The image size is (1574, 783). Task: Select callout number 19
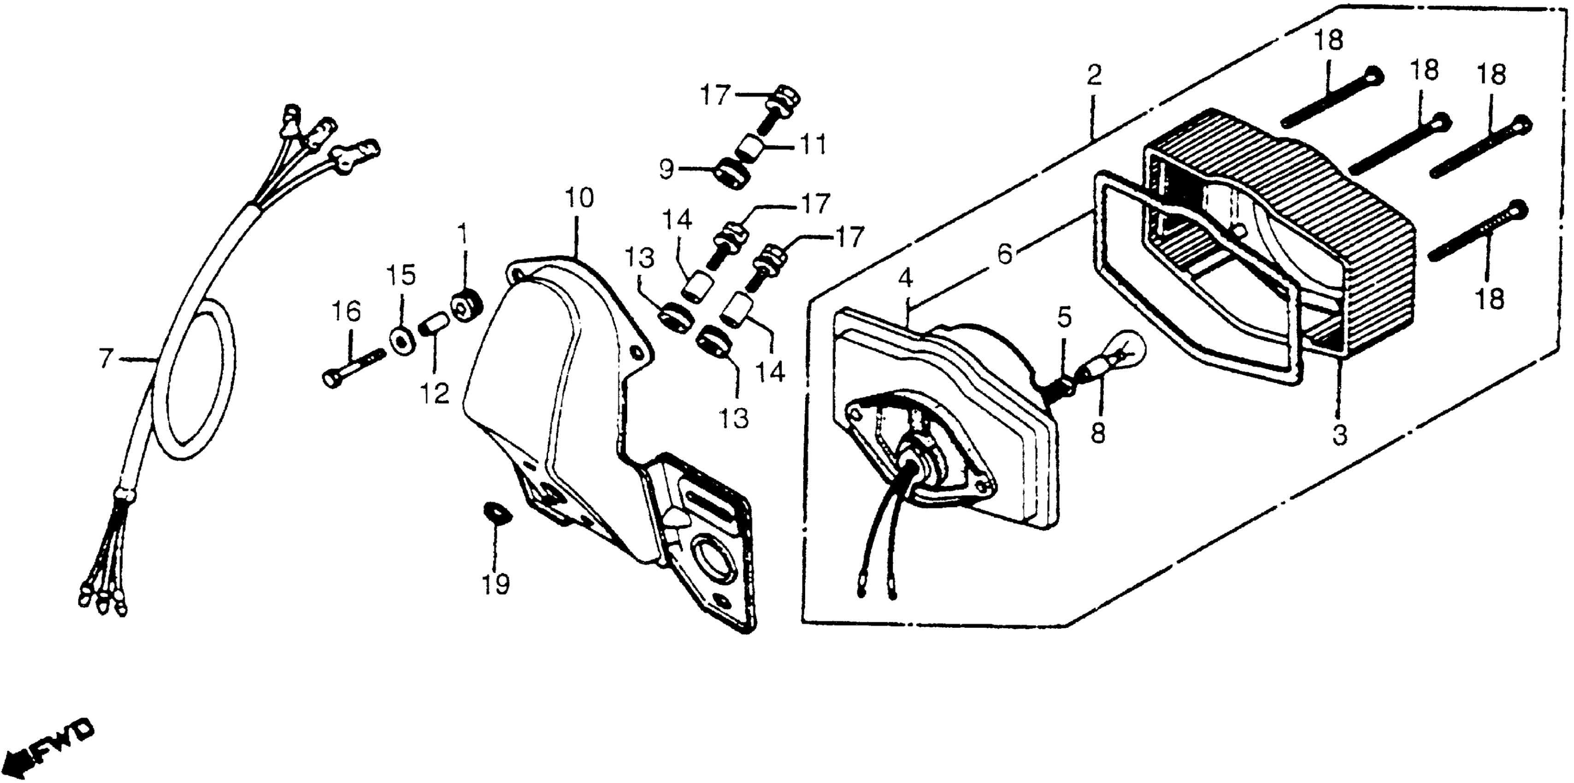[x=495, y=584]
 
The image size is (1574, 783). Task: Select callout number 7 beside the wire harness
[x=106, y=358]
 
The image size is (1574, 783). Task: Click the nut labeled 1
[x=468, y=304]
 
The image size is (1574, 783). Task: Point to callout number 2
[x=1094, y=76]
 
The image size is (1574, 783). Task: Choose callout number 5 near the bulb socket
[x=1064, y=317]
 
